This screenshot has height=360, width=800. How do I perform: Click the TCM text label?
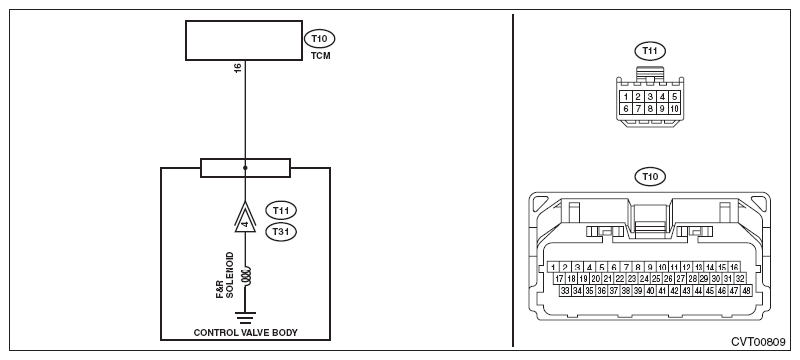[321, 56]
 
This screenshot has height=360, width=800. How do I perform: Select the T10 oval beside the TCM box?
[319, 38]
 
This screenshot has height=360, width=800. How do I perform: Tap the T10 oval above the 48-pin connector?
[650, 177]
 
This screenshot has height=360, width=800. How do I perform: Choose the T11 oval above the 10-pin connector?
[650, 51]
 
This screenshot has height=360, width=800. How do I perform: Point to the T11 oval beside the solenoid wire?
[281, 210]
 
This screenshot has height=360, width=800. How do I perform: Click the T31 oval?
[281, 232]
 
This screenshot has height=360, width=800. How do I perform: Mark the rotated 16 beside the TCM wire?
[238, 67]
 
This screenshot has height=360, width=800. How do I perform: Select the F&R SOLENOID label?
[225, 274]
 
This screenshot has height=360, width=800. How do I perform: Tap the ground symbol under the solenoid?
[245, 318]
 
